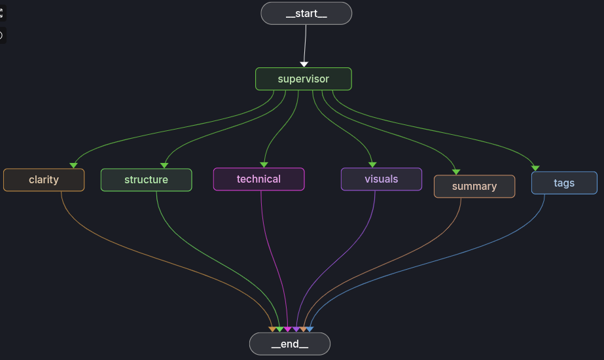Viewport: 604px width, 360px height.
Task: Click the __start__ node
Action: (x=306, y=13)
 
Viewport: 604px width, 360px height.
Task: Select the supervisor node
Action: (x=303, y=79)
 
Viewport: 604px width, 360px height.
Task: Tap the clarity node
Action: (x=44, y=180)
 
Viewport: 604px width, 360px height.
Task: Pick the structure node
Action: (x=146, y=180)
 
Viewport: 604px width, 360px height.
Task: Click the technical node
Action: (x=258, y=179)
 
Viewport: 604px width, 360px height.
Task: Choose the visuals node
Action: (x=381, y=179)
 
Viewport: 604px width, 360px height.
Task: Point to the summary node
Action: (x=474, y=187)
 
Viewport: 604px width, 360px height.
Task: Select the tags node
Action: (x=563, y=183)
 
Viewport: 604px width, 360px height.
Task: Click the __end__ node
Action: (x=289, y=344)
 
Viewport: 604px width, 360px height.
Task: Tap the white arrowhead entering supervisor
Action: (x=304, y=64)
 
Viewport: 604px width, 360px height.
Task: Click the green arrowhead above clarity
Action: (x=73, y=165)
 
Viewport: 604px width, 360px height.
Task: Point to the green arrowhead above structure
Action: (x=164, y=165)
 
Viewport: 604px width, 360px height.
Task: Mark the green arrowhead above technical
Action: (x=264, y=164)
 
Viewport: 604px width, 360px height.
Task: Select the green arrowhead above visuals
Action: (x=372, y=164)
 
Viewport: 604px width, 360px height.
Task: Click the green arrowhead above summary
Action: (x=456, y=171)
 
